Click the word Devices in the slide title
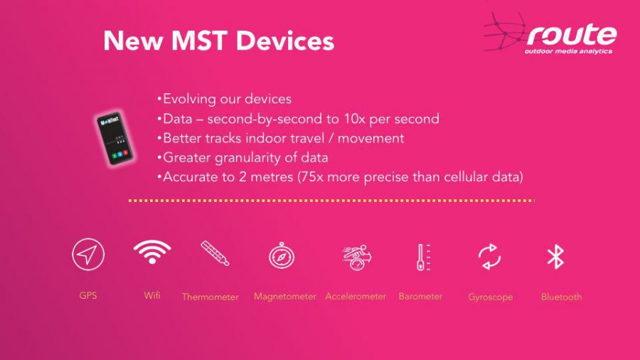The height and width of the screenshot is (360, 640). [285, 41]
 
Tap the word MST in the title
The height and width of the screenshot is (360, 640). [199, 41]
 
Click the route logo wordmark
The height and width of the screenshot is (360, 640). [572, 34]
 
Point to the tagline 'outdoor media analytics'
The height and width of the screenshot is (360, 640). [568, 51]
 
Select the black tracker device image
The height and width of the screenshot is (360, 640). [114, 138]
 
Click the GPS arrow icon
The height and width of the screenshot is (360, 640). [88, 254]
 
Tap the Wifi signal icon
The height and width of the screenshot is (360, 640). [152, 251]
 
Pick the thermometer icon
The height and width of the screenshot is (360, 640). [215, 253]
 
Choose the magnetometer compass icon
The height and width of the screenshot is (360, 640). [281, 255]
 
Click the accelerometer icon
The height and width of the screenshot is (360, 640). [356, 257]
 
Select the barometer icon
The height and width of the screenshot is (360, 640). [423, 257]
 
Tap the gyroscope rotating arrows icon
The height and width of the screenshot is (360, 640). [489, 257]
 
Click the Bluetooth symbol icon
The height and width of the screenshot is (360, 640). [555, 257]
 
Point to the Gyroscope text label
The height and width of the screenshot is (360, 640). [490, 297]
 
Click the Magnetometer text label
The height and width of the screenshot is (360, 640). [285, 297]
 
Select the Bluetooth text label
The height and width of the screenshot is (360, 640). [561, 297]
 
